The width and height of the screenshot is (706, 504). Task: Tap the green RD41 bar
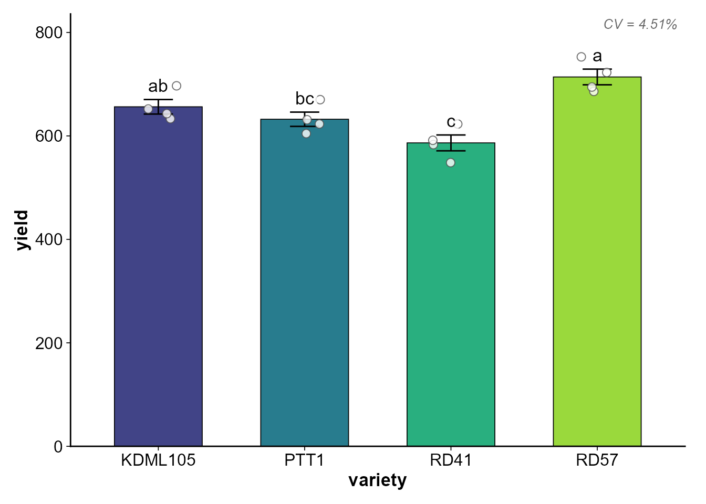[451, 294]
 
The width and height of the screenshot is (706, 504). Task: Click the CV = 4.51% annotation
[640, 24]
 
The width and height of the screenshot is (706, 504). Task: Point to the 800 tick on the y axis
[49, 33]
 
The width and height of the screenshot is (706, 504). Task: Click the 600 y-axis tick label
[49, 136]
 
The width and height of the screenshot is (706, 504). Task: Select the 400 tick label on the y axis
[49, 239]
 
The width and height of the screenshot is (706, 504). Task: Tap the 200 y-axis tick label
[49, 343]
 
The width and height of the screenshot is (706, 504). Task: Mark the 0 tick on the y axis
[58, 447]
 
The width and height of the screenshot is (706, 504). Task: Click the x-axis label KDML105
[158, 460]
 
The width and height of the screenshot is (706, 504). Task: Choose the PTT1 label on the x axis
[304, 460]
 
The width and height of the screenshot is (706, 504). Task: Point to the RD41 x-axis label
[451, 460]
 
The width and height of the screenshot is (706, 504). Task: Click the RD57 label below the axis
[597, 460]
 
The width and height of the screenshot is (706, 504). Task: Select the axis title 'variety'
[377, 480]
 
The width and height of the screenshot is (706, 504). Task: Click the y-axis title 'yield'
[22, 230]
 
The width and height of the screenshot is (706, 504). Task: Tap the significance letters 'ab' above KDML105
[158, 86]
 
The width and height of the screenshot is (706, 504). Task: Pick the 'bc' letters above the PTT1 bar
[305, 99]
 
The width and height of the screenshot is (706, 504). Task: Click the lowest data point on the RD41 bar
[451, 163]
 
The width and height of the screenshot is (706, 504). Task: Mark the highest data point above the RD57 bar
[582, 57]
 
